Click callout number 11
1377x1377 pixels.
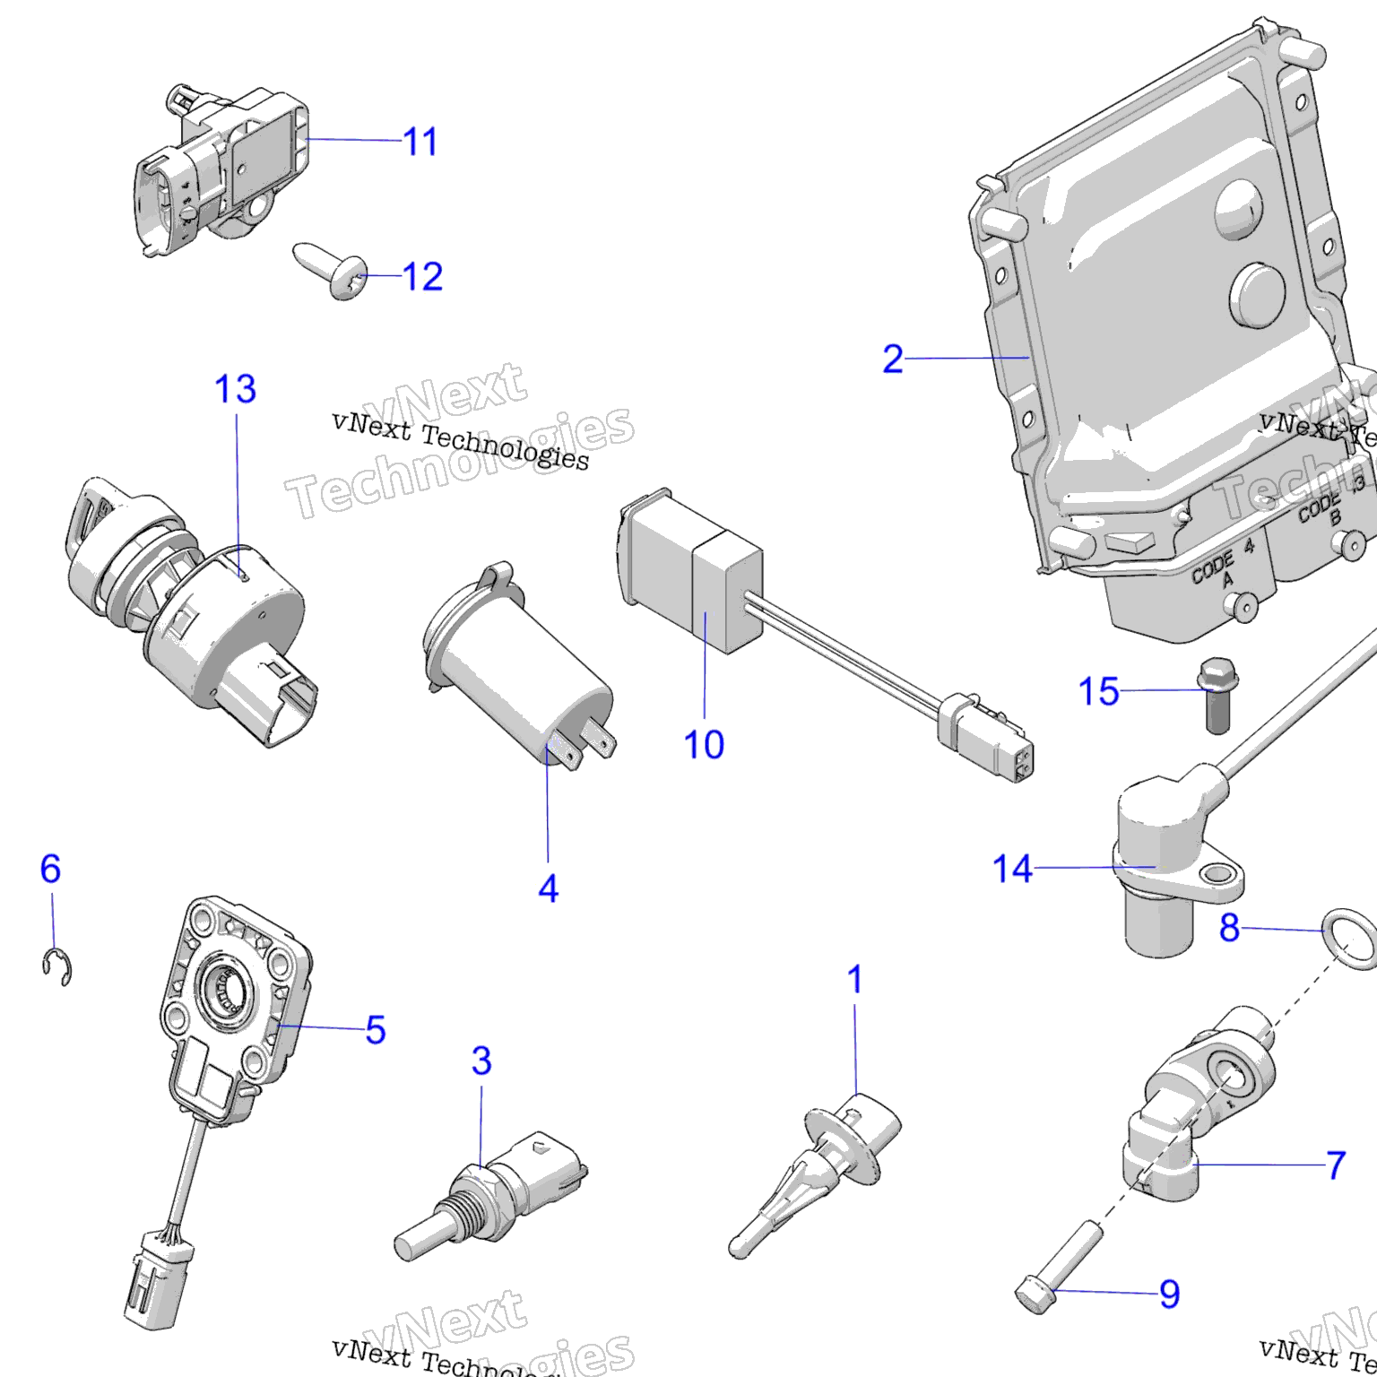point(420,142)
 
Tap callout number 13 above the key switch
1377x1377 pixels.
point(235,389)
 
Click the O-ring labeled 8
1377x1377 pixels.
point(1347,934)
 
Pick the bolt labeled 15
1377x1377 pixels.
point(1213,696)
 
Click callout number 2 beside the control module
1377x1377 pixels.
point(893,359)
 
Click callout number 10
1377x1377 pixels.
point(704,744)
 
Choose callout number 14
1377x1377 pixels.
point(1012,869)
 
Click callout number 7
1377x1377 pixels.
point(1336,1165)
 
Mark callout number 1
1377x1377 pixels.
point(855,979)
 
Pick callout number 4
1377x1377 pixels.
point(548,888)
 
